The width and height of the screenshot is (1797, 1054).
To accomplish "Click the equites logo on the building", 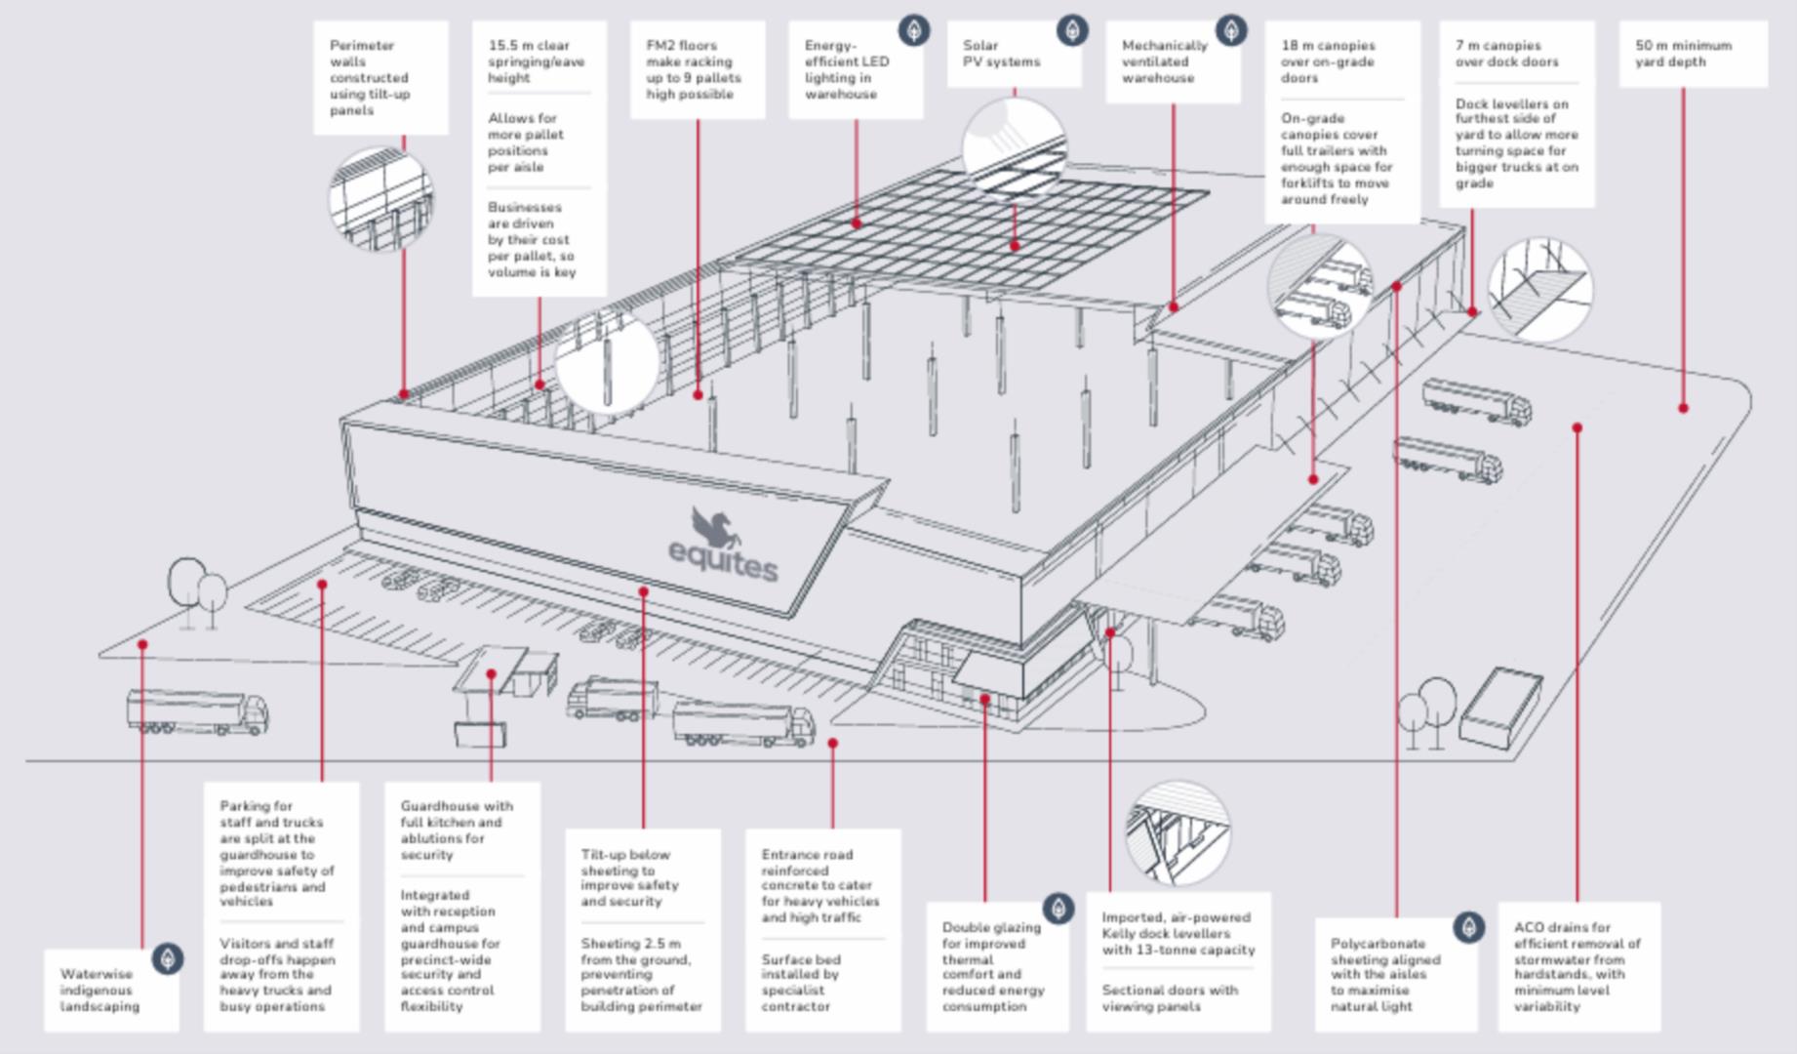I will coord(724,547).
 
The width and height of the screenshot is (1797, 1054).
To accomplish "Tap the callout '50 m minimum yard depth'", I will coord(1683,54).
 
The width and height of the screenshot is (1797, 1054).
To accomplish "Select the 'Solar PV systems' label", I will coord(1001,54).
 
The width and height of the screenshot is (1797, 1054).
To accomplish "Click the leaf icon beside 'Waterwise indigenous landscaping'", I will coord(168,959).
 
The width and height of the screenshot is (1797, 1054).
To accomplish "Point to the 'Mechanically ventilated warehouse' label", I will coord(1164,61).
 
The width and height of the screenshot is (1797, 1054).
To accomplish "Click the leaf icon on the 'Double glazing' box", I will coord(1058,909).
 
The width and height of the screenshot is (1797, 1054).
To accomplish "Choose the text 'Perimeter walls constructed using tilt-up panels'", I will coord(369,78).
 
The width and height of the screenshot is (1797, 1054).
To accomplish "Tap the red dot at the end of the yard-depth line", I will coord(1683,408).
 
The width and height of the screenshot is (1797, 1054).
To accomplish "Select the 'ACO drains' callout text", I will coord(1577,966).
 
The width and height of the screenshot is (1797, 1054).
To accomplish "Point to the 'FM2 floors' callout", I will coord(693,69).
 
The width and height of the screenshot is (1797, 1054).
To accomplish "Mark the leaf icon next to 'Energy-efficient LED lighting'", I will coord(913,30).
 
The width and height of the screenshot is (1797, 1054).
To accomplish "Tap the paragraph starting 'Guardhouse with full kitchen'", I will coord(456,830).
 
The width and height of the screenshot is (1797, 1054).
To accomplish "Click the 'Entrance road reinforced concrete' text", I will coord(819,885).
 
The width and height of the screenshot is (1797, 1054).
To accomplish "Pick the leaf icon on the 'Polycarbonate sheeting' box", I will coord(1468,926).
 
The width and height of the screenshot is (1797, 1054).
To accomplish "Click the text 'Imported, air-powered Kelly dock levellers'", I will coord(1178,933).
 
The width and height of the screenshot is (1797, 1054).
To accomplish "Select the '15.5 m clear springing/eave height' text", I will coord(536,61).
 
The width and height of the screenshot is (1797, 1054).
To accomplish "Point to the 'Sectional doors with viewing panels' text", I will coord(1169,997).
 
